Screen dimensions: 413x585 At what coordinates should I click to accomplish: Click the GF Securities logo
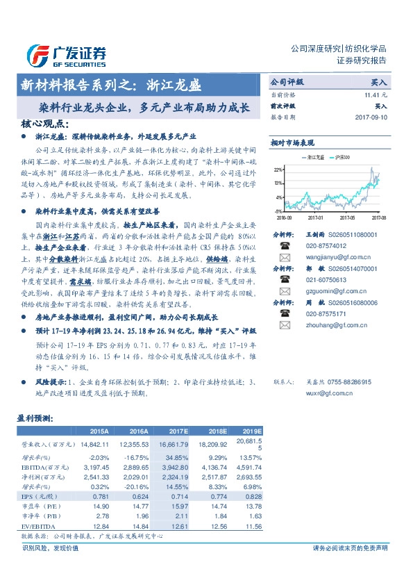click(67, 55)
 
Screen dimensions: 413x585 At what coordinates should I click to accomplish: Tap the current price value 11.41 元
click(374, 94)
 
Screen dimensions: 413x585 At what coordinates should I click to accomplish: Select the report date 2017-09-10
click(369, 118)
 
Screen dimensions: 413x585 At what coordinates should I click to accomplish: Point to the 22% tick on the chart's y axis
click(277, 170)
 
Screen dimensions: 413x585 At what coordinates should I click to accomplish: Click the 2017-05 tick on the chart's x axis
click(346, 216)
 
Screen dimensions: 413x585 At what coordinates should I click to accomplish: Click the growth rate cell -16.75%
click(135, 457)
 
